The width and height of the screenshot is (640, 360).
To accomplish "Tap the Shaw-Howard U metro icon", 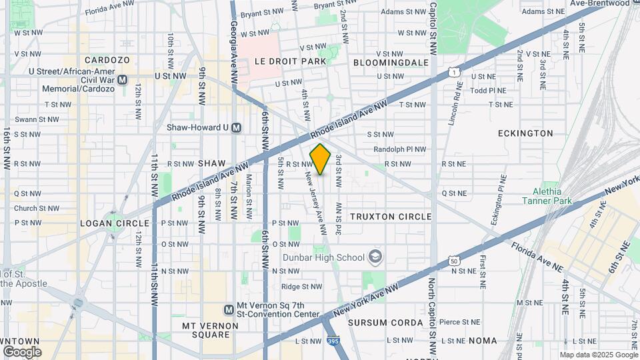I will pos(236,127).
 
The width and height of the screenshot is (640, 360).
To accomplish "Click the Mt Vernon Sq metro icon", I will pos(229,309).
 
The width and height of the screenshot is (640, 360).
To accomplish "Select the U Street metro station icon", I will pos(122,79).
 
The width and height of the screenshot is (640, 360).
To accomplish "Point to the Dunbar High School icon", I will pos(376,257).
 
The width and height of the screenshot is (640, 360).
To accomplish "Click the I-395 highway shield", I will pos(333,341).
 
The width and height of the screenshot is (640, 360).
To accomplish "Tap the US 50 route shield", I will pos(453,261).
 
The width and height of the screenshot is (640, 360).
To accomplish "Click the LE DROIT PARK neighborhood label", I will pos(291,61).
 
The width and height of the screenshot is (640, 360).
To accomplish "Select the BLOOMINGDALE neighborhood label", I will pos(391,62).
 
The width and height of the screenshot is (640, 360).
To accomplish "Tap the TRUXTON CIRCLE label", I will pos(391,217).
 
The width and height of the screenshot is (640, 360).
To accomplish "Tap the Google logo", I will pos(22,351).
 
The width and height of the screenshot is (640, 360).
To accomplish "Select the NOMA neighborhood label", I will pos(483,341).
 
